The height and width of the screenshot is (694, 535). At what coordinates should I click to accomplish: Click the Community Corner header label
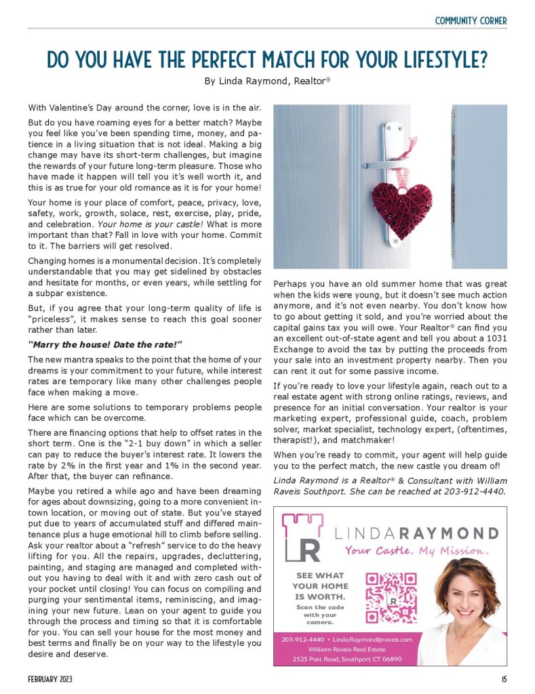pyautogui.click(x=471, y=20)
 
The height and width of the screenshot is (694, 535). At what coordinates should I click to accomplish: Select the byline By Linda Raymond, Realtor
pyautogui.click(x=267, y=81)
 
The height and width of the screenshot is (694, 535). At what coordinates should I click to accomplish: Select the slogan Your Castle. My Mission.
pyautogui.click(x=416, y=550)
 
